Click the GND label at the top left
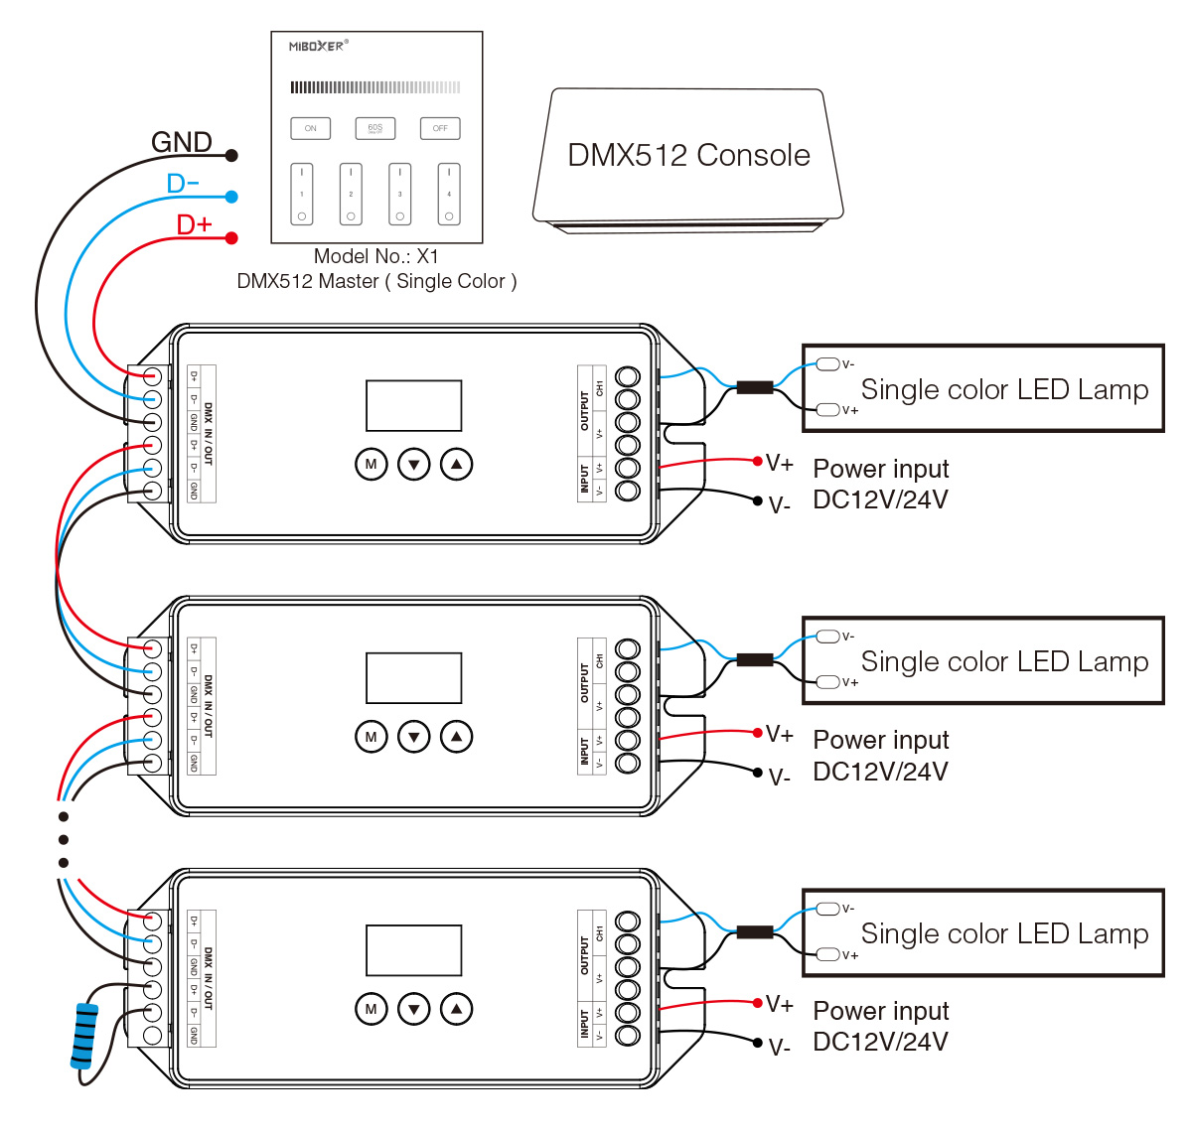click(x=182, y=142)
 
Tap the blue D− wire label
click(x=183, y=184)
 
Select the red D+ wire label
click(x=194, y=224)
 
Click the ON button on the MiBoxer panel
click(x=310, y=128)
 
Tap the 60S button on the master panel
click(x=375, y=128)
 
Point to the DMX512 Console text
click(x=688, y=155)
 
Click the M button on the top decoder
click(x=371, y=464)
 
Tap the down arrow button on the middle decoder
click(x=413, y=737)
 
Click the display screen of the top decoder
click(x=413, y=405)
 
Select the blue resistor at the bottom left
click(x=85, y=1035)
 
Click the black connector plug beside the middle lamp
click(x=754, y=659)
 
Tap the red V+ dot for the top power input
click(x=758, y=461)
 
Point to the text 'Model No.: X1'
click(x=375, y=256)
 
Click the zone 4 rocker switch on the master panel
click(x=449, y=194)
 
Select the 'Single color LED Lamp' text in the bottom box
click(x=1004, y=933)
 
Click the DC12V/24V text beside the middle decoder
click(x=880, y=772)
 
